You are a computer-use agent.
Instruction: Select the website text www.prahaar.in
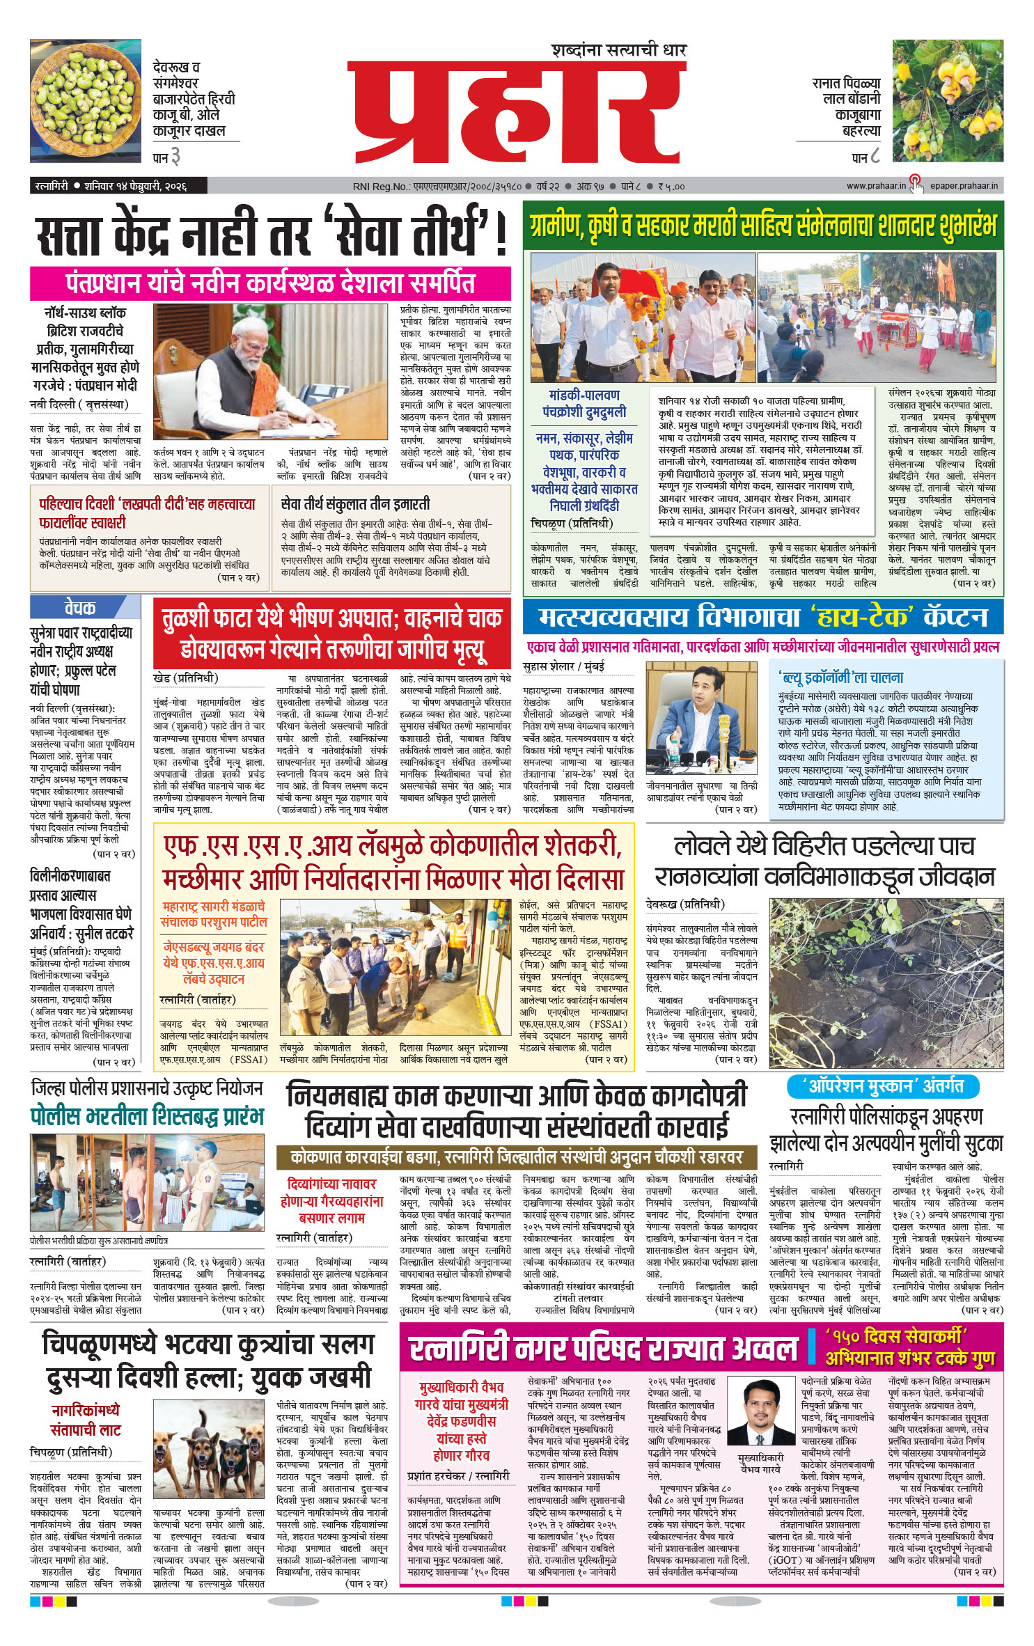point(875,186)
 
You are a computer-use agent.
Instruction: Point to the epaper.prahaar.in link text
point(965,186)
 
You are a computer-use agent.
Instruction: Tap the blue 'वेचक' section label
point(80,607)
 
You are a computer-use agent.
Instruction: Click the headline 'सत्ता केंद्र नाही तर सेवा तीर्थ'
point(272,235)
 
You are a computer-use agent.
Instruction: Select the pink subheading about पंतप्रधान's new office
point(270,283)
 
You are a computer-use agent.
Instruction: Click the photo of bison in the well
point(886,982)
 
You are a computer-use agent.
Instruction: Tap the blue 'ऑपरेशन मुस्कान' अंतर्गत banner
point(883,1085)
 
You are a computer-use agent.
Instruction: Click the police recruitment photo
point(147,1182)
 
